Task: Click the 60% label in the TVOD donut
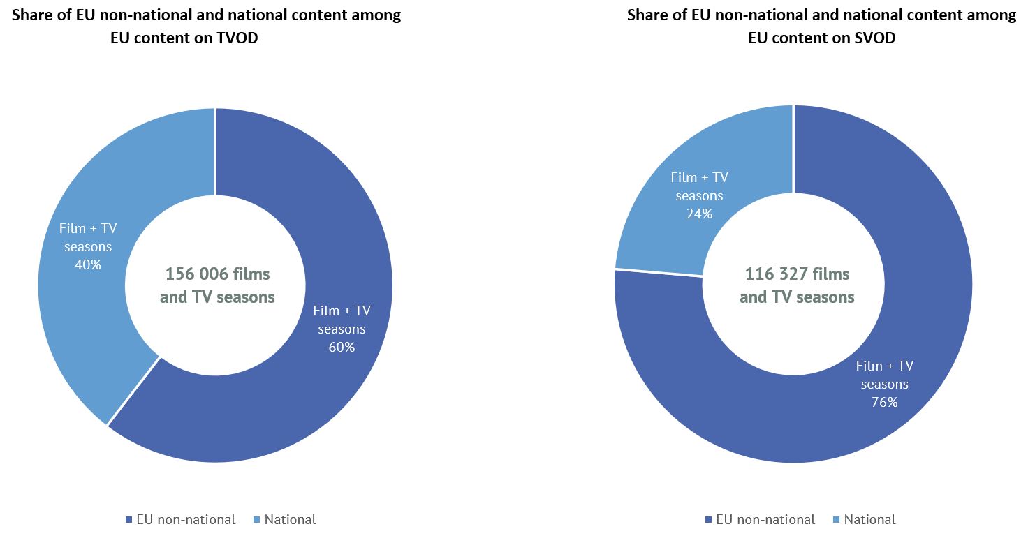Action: pyautogui.click(x=342, y=347)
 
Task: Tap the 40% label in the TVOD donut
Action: pyautogui.click(x=88, y=264)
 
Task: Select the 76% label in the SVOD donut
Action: pyautogui.click(x=884, y=402)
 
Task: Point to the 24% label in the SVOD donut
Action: pyautogui.click(x=699, y=214)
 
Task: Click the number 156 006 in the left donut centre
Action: pyautogui.click(x=197, y=274)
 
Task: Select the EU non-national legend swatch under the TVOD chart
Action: pyautogui.click(x=128, y=520)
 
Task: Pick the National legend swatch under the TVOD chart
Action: pyautogui.click(x=255, y=520)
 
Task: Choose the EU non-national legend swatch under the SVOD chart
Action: pyautogui.click(x=709, y=520)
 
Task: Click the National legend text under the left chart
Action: pyautogui.click(x=290, y=520)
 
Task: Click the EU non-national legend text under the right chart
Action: pyautogui.click(x=765, y=520)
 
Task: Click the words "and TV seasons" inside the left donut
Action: pyautogui.click(x=217, y=297)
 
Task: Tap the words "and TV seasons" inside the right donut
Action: pyautogui.click(x=797, y=297)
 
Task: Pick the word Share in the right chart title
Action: pyautogui.click(x=647, y=15)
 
